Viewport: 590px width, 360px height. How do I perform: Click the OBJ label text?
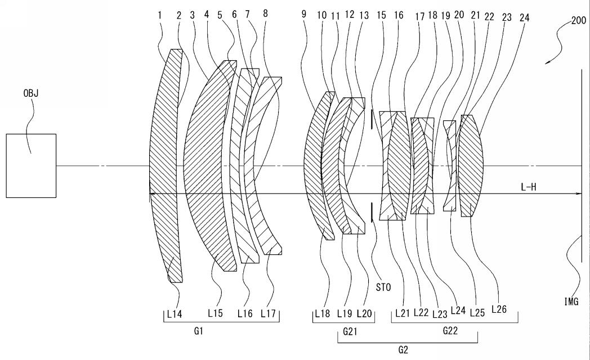(31, 93)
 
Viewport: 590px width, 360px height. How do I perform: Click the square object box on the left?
(31, 166)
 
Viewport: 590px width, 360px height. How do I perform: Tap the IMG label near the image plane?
(571, 301)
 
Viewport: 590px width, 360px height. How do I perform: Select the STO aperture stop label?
(383, 287)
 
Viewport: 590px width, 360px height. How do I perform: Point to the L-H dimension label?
(528, 187)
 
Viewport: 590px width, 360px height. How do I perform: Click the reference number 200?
(579, 20)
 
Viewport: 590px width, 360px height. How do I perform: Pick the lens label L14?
(175, 314)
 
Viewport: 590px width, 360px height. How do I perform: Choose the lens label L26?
(499, 309)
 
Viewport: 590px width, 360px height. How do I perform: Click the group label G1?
(199, 331)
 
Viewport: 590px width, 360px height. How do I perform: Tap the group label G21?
(350, 331)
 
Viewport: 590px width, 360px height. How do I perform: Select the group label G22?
(450, 331)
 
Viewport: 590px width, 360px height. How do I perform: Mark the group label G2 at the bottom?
(403, 350)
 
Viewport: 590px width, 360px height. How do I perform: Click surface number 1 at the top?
(160, 15)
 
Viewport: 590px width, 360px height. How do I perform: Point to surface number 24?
(524, 17)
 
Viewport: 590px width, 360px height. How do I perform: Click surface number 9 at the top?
(303, 14)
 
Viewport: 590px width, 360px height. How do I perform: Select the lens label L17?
(269, 313)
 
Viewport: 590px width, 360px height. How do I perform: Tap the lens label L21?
(402, 313)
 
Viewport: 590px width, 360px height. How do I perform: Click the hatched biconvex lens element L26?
(470, 166)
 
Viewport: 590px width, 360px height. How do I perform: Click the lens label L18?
(322, 313)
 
